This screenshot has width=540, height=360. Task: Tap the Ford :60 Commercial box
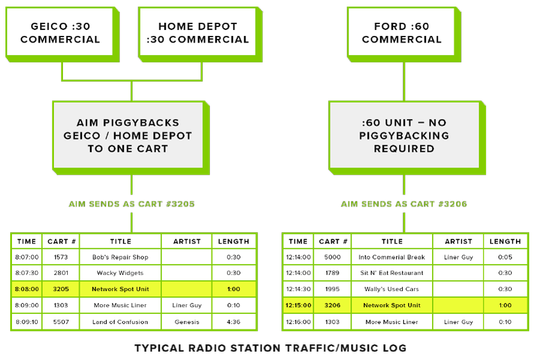point(401,33)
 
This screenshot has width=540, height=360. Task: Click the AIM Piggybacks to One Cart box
point(128,135)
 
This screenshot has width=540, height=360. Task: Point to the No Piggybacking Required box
point(404,135)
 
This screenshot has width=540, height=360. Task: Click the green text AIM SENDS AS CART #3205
point(131,204)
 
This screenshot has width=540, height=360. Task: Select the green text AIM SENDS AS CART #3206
point(404,204)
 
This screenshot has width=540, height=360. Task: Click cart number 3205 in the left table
point(61,289)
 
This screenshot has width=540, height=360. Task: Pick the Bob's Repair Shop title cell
point(120,257)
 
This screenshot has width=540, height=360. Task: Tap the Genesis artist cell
point(187,322)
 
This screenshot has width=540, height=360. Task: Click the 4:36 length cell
point(233,322)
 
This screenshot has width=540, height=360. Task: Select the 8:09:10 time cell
point(27,322)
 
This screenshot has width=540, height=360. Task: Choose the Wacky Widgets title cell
point(120,273)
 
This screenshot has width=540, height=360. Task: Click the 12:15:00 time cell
point(298,305)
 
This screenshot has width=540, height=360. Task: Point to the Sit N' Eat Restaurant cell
point(392,273)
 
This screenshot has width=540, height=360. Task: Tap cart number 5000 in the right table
point(332,257)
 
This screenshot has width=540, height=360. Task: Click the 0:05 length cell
point(505,257)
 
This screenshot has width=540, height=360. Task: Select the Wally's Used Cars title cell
point(392,289)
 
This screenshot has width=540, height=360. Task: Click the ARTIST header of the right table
point(459,241)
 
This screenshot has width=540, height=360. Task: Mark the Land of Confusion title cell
point(120,322)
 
